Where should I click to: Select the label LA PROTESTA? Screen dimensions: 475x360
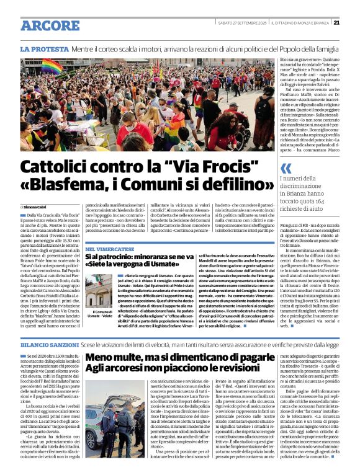[43, 48]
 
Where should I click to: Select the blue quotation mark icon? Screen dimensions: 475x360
[286, 168]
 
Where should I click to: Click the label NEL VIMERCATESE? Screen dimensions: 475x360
[110, 249]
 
